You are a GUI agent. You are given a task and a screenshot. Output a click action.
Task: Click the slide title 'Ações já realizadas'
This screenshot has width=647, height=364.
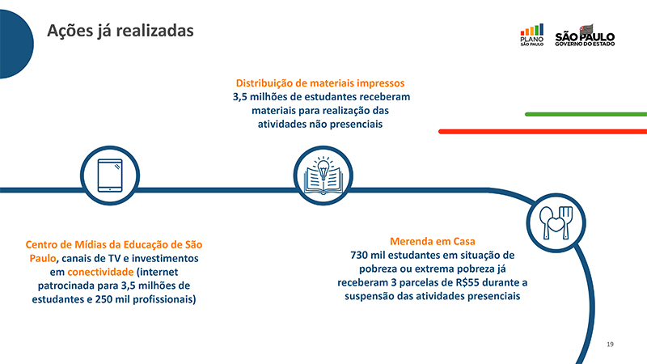pos(120,31)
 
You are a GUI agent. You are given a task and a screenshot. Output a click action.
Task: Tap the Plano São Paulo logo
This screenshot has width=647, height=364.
pos(532,35)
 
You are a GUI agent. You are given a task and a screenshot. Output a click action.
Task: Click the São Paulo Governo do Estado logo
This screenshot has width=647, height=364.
pos(585,36)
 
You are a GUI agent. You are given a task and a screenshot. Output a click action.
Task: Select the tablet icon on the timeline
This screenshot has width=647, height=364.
pos(110,176)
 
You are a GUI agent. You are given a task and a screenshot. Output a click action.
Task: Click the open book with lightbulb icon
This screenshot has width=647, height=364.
pos(323,176)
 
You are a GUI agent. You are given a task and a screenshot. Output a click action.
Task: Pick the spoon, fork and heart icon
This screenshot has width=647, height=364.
pos(556,223)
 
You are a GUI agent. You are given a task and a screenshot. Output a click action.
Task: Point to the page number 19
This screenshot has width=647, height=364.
pos(610,345)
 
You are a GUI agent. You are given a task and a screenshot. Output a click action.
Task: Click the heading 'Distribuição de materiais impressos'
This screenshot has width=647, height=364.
pos(320,83)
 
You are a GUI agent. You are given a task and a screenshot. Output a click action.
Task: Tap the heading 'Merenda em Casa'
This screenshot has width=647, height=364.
pos(433,241)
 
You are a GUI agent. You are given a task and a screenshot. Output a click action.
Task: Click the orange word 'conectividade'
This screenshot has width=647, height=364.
pos(100,272)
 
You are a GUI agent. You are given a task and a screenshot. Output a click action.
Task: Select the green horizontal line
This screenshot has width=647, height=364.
pos(586,114)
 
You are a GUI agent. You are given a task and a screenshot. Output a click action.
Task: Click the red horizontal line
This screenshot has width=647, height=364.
pos(543,132)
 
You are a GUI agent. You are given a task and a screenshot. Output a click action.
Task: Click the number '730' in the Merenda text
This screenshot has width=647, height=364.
pos(358,255)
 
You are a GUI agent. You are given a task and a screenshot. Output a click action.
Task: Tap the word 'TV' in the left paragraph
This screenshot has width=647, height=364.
pos(114,258)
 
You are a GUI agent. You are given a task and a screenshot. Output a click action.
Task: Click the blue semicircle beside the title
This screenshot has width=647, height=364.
pos(16,44)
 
